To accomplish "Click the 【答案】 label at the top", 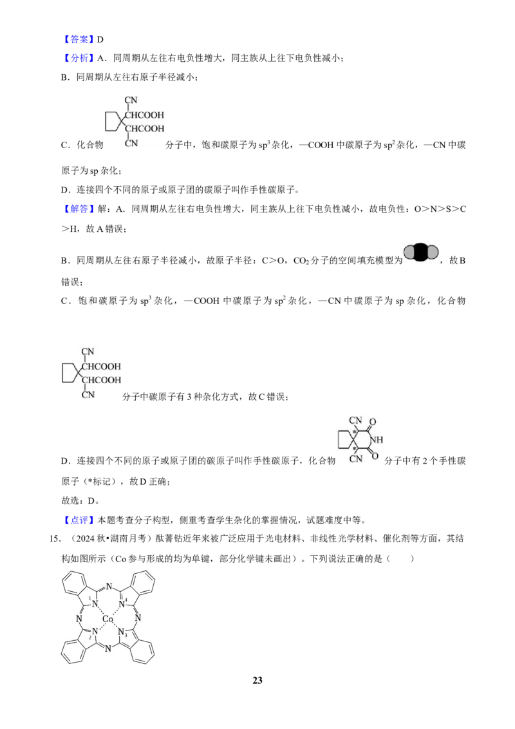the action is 78,39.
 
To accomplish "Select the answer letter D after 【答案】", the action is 100,39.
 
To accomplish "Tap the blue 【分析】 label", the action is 78,58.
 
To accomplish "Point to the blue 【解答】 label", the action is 78,209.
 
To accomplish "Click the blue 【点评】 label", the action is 78,520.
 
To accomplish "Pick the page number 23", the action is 257,680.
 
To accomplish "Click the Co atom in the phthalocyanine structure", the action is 108,619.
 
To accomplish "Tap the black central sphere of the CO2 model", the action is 421,252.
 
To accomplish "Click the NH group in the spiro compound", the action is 377,439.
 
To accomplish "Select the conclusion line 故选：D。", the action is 80,501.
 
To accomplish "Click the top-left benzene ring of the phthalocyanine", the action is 74,583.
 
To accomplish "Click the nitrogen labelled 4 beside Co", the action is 122,604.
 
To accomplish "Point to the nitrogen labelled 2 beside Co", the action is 95,632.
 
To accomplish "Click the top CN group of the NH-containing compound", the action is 355,421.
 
